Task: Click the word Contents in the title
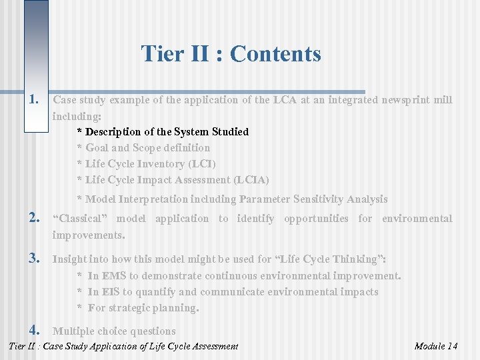pos(275,53)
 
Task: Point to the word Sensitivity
pos(306,199)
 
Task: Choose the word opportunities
pos(315,219)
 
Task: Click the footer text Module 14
pos(435,346)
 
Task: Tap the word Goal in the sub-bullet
pos(97,148)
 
